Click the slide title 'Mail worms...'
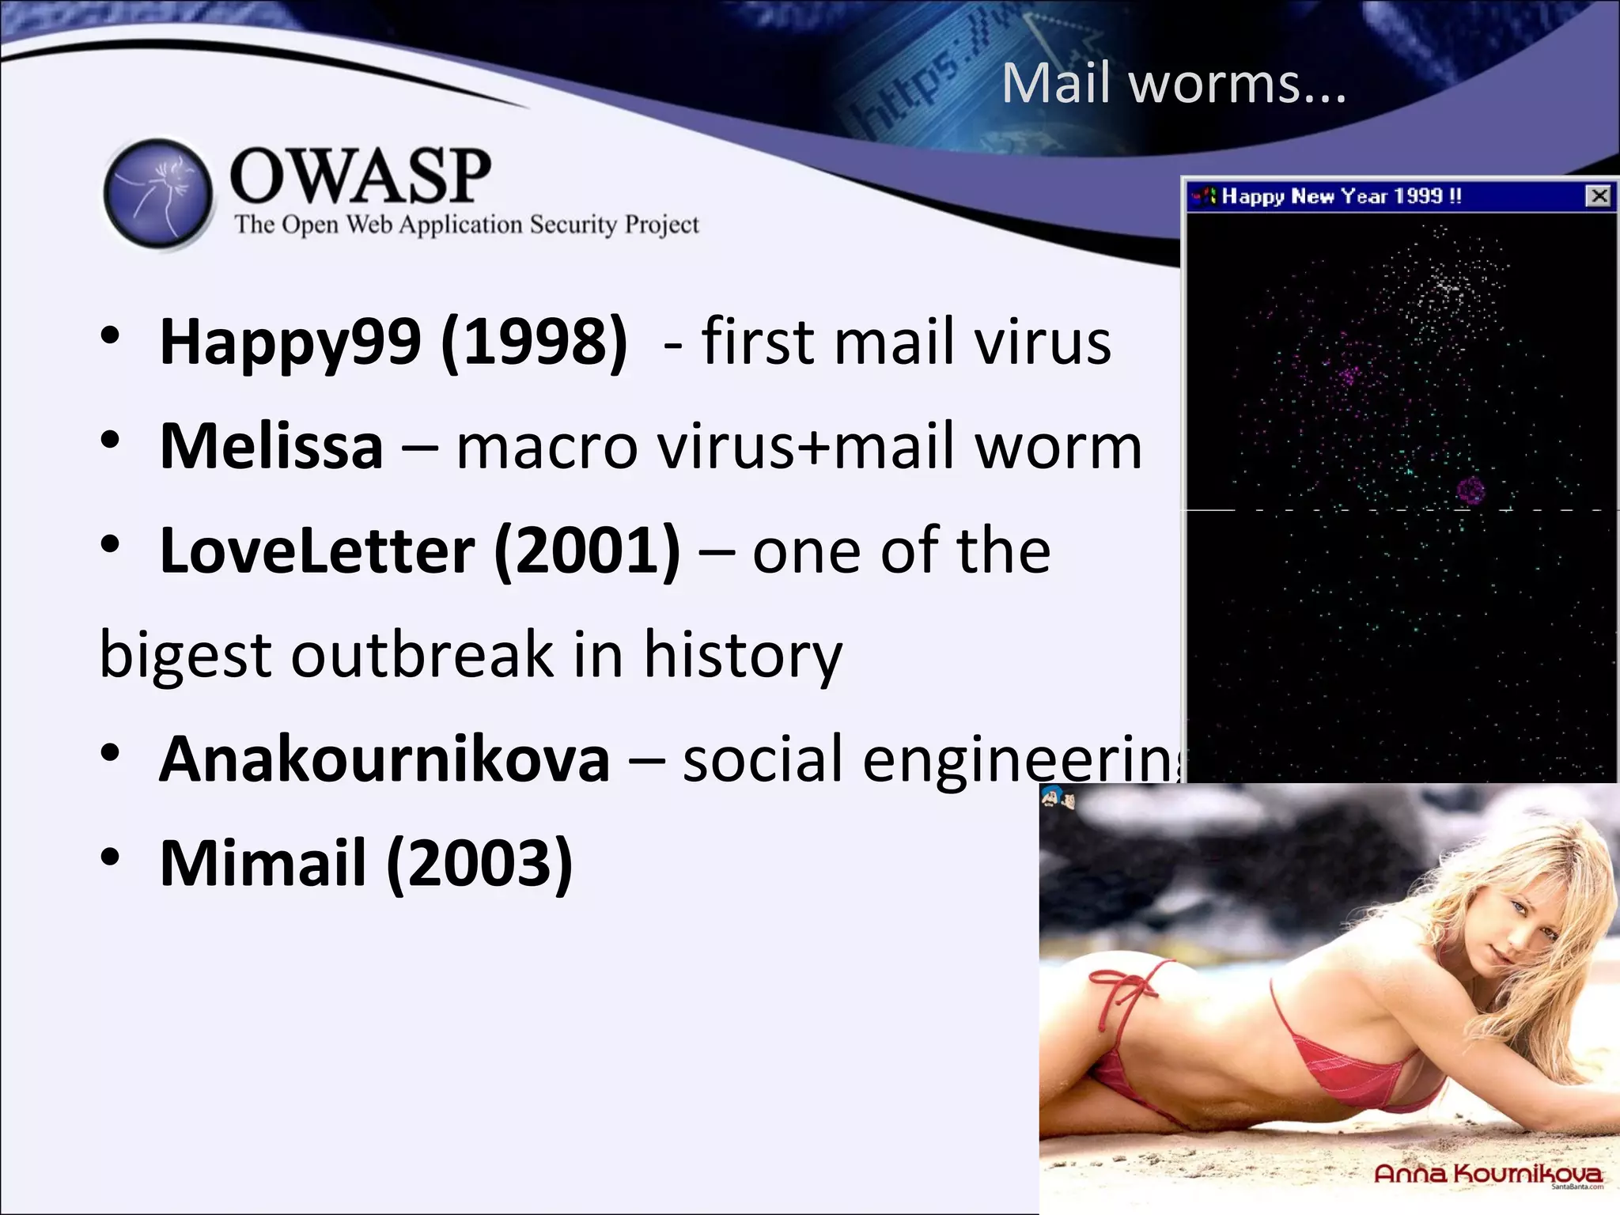tap(1173, 83)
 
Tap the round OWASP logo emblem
tap(158, 194)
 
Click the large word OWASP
tap(360, 176)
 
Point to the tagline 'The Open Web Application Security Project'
tap(467, 225)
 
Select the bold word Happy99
tap(290, 343)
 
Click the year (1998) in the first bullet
tap(535, 343)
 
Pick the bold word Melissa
tap(271, 446)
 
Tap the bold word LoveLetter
tap(317, 551)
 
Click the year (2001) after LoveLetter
tap(587, 551)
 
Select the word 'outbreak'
tap(423, 655)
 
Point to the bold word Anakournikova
tap(384, 759)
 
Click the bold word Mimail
tap(263, 863)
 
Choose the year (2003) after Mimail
tap(480, 863)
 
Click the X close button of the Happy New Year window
tap(1599, 196)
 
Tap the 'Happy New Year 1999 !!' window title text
tap(1342, 196)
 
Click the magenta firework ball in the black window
tap(1470, 491)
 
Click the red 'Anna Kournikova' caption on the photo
tap(1488, 1173)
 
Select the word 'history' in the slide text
tap(743, 655)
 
